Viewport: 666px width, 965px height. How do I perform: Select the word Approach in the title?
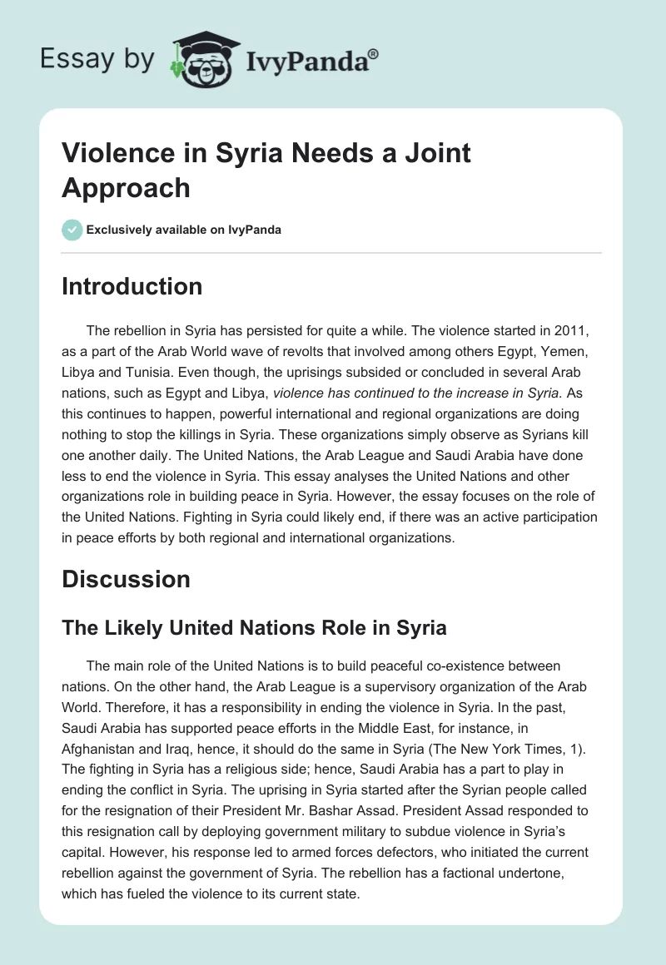[x=126, y=187]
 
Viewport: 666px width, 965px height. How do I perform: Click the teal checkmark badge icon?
[x=72, y=230]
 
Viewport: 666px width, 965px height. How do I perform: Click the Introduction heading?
[x=132, y=286]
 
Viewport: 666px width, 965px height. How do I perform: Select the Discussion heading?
[x=126, y=579]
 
